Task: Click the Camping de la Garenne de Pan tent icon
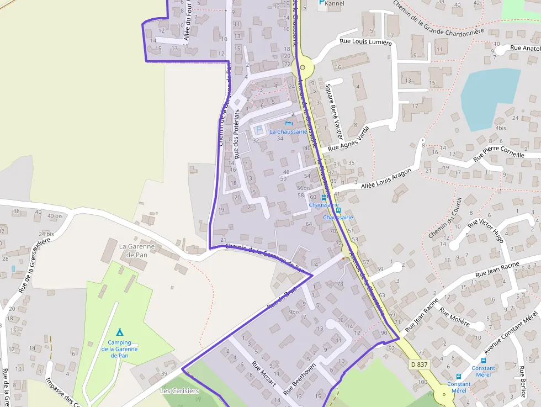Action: tap(119, 332)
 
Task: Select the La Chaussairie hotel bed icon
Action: tap(288, 123)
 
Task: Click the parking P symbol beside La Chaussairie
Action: tap(258, 130)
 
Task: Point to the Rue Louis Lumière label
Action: tap(365, 41)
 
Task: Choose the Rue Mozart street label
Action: tap(263, 379)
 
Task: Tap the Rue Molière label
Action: tap(454, 316)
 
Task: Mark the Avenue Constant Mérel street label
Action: tap(511, 332)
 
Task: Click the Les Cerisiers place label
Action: tap(179, 391)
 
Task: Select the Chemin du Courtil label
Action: tap(444, 219)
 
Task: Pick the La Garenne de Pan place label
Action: tap(131, 250)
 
